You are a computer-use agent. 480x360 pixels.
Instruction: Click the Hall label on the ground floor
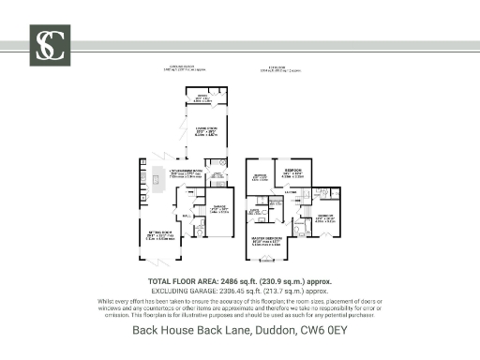click(x=187, y=217)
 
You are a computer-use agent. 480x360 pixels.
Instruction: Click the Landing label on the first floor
click(x=292, y=193)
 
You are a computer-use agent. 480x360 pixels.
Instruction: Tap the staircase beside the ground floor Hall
click(x=194, y=200)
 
